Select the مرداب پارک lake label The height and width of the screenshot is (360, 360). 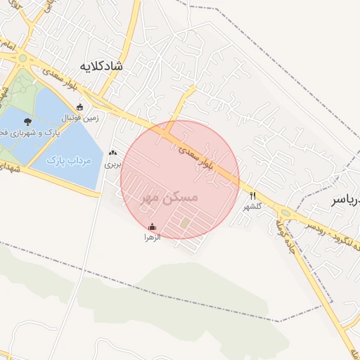pos(70,161)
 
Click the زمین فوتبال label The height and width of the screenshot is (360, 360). pos(81,118)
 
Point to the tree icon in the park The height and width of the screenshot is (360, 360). pos(27,122)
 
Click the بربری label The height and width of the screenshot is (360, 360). pos(112,165)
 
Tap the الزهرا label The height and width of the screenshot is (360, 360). pos(153,238)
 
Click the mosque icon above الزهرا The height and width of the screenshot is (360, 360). pos(153,227)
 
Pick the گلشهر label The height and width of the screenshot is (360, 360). pos(252,207)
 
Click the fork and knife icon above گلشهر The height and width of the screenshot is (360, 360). pos(252,196)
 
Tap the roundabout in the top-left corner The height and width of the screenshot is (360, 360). pos(23,58)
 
